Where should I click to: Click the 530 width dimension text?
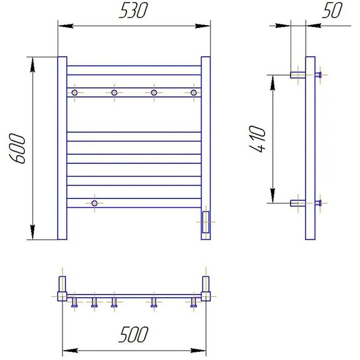coord(133,11)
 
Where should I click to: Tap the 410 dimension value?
coord(258,139)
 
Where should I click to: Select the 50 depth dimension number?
coord(332,10)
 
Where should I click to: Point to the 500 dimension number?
coord(133,334)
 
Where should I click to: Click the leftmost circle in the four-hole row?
coord(75,93)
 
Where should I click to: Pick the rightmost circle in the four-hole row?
coord(194,93)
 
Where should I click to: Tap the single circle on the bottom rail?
coord(94,203)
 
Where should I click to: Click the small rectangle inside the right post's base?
coord(206,222)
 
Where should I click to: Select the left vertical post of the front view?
coord(63,148)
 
